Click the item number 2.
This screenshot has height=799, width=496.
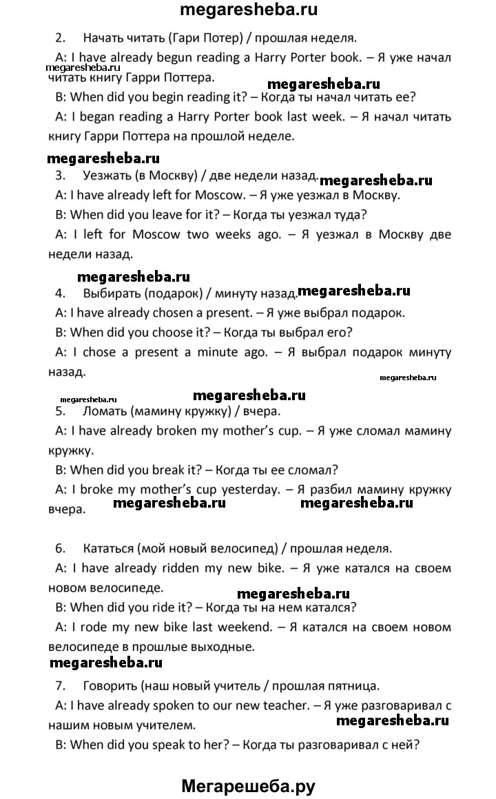[x=60, y=37]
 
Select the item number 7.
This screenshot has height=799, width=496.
[x=60, y=685]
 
